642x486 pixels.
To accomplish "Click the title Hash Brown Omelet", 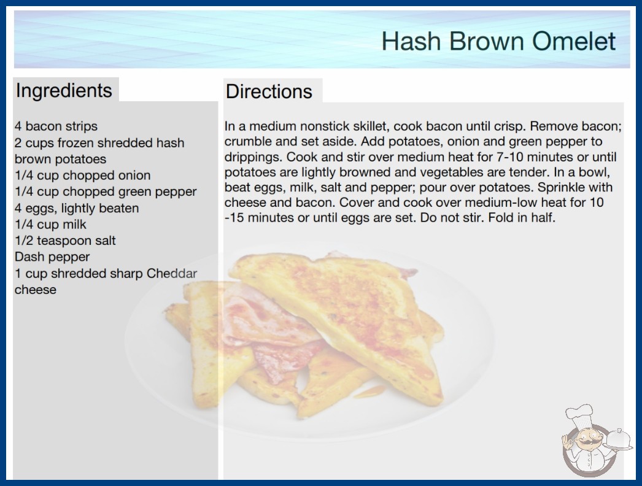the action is tap(498, 41).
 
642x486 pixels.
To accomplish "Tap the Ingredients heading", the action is tap(64, 90).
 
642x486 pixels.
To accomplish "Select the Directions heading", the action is tap(269, 91).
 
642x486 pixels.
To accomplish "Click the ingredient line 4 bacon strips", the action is tap(56, 126).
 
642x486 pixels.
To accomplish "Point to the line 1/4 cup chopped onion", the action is tap(83, 175).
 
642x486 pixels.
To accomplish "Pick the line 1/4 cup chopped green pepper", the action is tap(106, 191).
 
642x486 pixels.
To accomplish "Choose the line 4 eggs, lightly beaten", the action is tap(77, 208).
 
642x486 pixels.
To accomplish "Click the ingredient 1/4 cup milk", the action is tap(50, 225).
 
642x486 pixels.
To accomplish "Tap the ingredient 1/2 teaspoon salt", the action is tap(65, 241).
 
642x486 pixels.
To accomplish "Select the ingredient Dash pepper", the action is tap(52, 256).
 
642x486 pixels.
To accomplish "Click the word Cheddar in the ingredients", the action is tap(172, 273).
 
